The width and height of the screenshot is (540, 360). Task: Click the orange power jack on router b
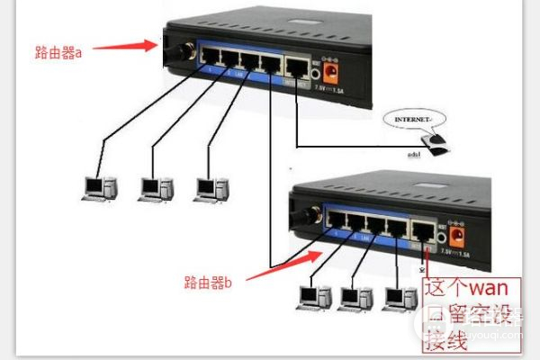click(456, 237)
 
